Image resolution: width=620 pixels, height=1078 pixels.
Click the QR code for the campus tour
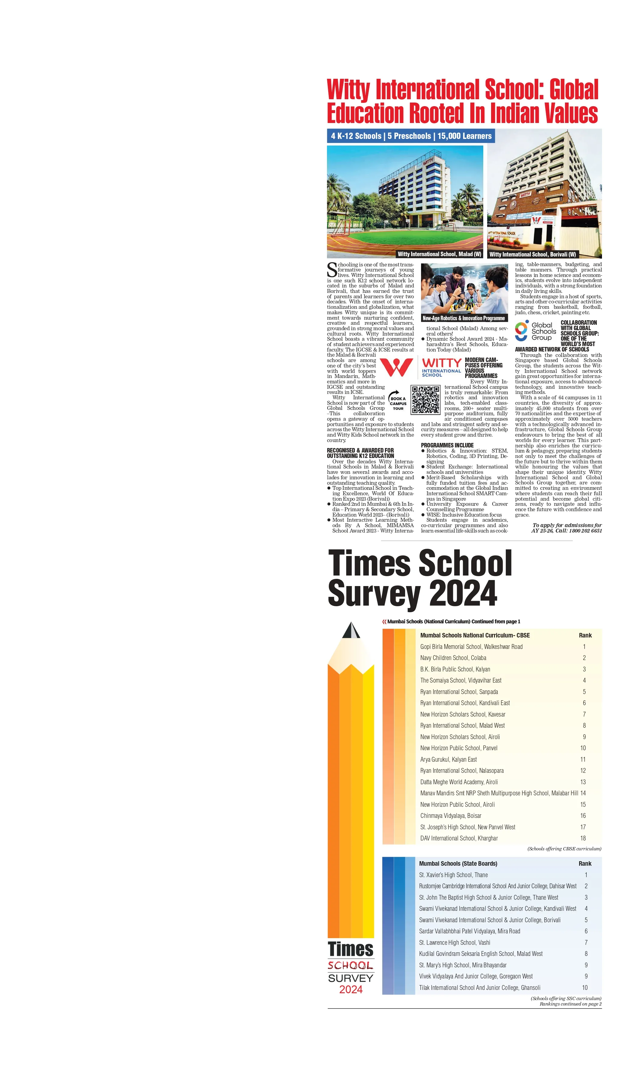coord(425,400)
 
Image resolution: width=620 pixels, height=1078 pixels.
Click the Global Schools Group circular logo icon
coord(521,330)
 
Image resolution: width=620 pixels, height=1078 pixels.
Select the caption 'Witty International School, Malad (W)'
coord(439,254)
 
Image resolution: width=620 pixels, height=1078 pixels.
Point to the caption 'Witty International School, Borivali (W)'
coord(532,254)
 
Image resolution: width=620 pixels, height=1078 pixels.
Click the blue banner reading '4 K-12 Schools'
coord(411,136)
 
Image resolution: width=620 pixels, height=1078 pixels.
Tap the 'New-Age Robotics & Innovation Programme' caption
coord(463,318)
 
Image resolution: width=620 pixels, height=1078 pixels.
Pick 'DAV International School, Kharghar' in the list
coord(459,838)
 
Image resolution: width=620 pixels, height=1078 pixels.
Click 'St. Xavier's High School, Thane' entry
coord(453,875)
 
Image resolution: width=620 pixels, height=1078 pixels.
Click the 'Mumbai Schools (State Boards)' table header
coord(458,863)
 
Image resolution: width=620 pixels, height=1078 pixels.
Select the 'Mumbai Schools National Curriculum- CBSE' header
coord(475,635)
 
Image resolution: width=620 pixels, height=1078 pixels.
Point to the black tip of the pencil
coord(351,629)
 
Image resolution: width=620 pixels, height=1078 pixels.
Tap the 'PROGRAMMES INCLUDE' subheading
coord(447,445)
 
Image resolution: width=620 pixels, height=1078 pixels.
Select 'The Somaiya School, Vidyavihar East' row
coord(460,680)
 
